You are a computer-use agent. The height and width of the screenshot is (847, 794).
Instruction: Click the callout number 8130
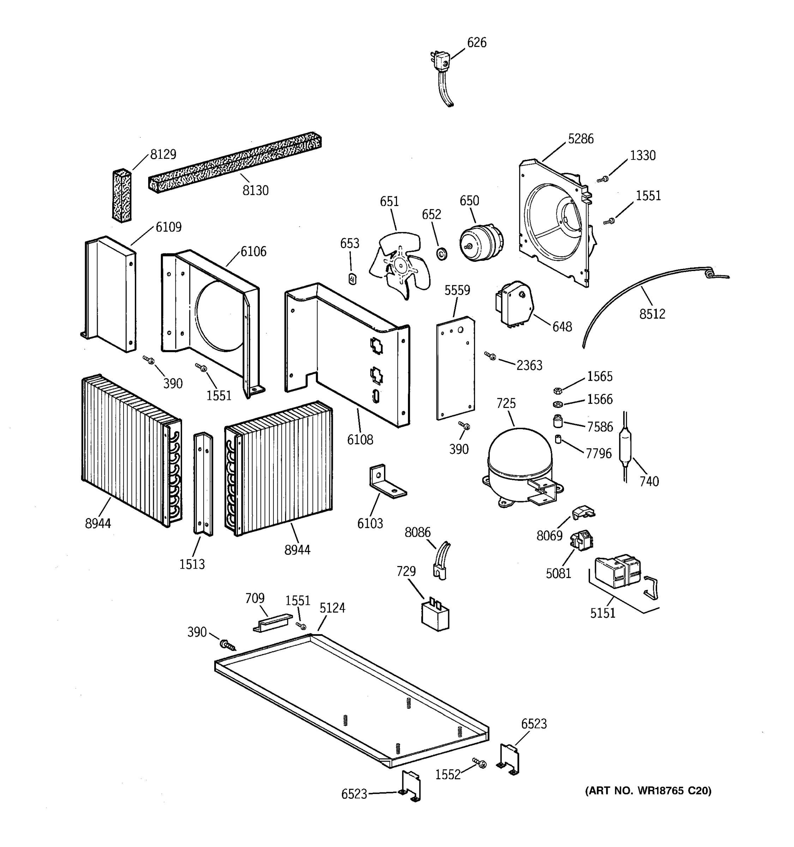[x=255, y=191]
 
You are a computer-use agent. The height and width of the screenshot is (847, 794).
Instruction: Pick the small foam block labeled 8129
[x=122, y=196]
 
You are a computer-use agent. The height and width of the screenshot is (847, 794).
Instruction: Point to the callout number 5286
[x=580, y=139]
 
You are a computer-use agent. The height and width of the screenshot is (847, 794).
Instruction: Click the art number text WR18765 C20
[x=648, y=791]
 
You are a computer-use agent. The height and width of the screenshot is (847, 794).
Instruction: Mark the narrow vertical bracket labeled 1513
[x=203, y=483]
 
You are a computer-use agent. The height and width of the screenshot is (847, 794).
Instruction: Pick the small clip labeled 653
[x=352, y=279]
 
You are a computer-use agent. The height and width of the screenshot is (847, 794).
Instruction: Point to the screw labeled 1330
[x=603, y=180]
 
